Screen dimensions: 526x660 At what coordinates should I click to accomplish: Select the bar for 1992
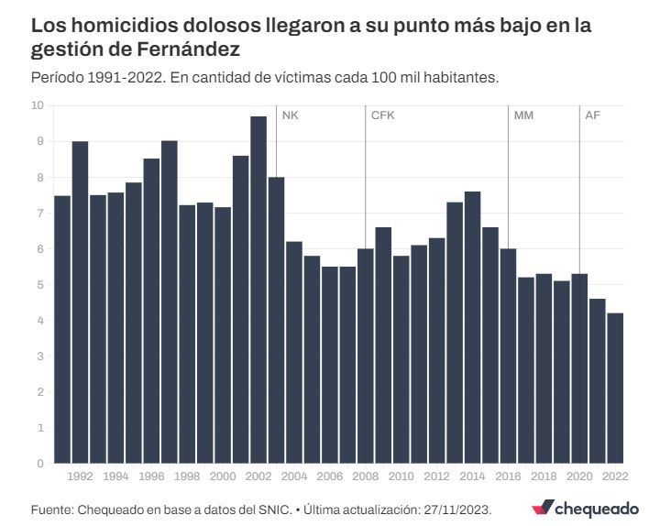coord(80,302)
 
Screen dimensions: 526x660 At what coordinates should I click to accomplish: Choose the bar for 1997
coord(170,302)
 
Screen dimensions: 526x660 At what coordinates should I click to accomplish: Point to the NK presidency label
coord(291,115)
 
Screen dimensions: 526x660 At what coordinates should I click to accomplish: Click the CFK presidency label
coord(382,115)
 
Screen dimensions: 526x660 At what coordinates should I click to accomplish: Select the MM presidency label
coord(523,115)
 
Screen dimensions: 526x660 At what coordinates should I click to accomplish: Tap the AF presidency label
coord(593,115)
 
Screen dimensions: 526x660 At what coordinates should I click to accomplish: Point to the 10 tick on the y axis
coord(38,105)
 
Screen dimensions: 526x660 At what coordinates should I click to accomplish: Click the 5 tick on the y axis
coord(40,284)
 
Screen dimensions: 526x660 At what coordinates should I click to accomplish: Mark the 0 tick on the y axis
coord(40,463)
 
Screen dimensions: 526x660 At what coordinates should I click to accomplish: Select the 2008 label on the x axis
coord(366,477)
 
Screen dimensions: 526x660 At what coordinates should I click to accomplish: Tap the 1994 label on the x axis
coord(115,477)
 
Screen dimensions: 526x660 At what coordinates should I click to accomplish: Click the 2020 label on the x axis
coord(579,477)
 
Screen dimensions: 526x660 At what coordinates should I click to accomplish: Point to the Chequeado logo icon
coord(542,508)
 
